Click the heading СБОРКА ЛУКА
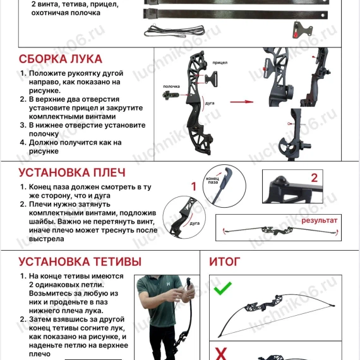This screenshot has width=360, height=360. tap(60, 59)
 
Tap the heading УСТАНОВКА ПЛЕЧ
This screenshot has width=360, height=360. tap(72, 172)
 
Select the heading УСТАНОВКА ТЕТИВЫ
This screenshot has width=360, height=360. tap(80, 261)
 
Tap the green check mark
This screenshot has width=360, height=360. tap(222, 289)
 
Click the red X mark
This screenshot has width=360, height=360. tap(222, 352)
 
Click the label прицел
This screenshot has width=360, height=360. tap(220, 63)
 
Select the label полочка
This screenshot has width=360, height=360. tap(172, 86)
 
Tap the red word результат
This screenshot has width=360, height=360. tap(319, 220)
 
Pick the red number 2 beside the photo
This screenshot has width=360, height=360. tap(314, 177)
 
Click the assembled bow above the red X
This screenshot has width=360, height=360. tap(278, 316)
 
